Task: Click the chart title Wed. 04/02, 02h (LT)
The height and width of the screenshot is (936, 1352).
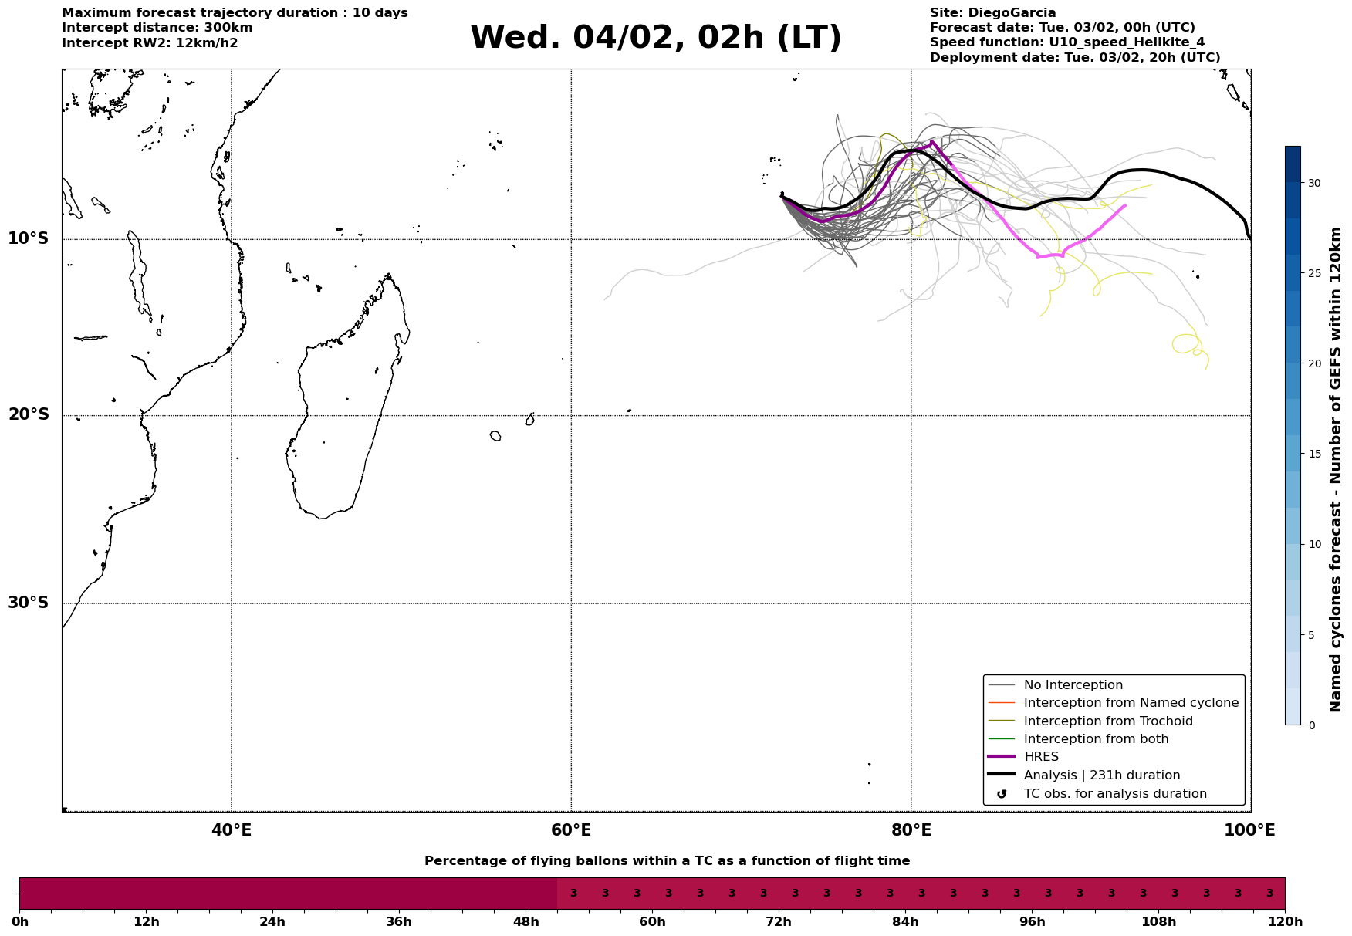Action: (x=655, y=38)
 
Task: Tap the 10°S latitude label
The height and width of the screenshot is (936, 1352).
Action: (x=29, y=238)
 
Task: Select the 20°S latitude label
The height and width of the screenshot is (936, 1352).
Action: (x=29, y=415)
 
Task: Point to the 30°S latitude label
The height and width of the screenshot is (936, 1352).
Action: (x=29, y=603)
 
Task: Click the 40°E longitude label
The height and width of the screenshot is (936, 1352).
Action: (x=232, y=831)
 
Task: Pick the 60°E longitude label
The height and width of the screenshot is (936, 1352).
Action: (x=571, y=831)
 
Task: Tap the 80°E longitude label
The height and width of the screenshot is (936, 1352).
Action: (x=911, y=831)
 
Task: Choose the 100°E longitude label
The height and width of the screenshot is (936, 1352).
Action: (x=1250, y=831)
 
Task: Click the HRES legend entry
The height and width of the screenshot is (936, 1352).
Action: (x=1041, y=757)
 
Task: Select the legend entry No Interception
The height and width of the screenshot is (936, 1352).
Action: (x=1073, y=685)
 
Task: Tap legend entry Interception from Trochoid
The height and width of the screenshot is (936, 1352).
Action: (x=1107, y=721)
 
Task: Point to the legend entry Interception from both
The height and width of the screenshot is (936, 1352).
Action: (x=1096, y=739)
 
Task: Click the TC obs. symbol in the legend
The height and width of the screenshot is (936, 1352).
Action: (x=1002, y=794)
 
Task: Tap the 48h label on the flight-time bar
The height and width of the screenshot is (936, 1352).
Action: (x=526, y=922)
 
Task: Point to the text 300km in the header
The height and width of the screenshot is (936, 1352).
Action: (x=228, y=28)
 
